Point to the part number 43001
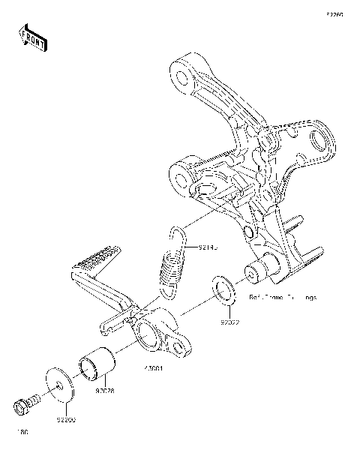[x=152, y=369]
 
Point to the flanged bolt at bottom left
[x=24, y=405]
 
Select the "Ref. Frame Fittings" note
[x=283, y=298]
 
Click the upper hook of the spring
[x=178, y=234]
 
